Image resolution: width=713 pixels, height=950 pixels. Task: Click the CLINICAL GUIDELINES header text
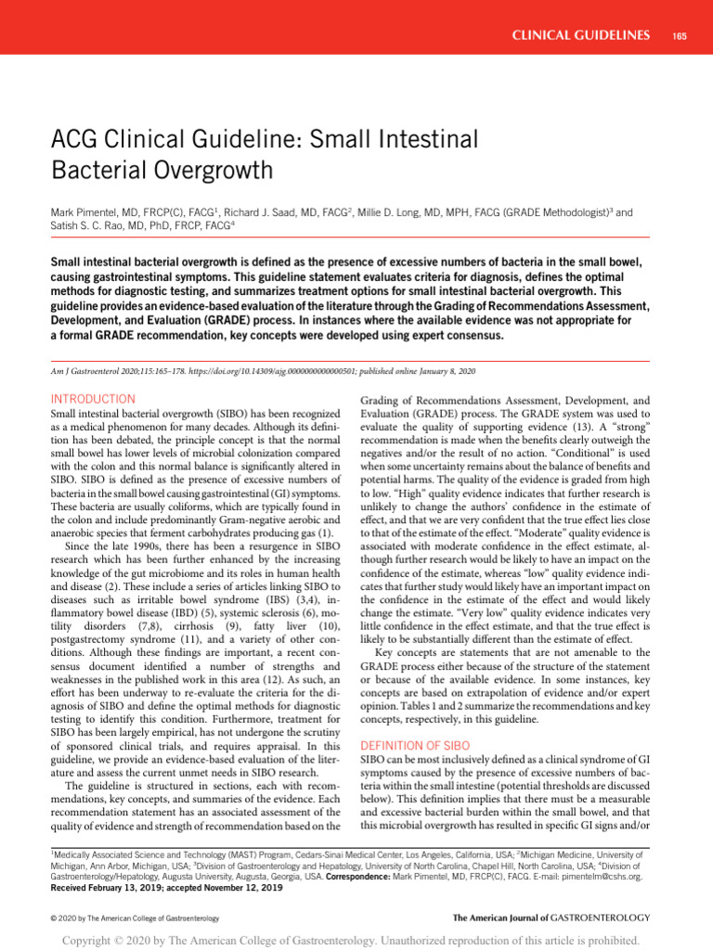pos(581,35)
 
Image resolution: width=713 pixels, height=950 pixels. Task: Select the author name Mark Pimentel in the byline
pos(91,212)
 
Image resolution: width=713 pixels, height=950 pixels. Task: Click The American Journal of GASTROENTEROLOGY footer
pos(551,918)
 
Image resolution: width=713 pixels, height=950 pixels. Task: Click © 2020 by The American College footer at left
pos(134,918)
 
